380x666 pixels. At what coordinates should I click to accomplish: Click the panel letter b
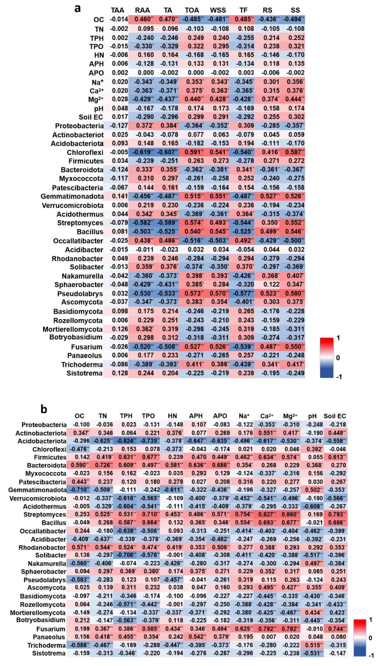tap(44, 409)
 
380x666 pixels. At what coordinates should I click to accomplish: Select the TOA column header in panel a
tap(192, 10)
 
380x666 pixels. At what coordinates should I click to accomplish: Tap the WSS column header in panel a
tap(218, 10)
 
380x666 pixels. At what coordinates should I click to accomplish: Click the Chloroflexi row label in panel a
tap(85, 152)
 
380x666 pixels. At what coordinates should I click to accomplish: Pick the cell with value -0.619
tap(142, 152)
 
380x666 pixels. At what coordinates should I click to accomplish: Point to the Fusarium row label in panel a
tap(87, 347)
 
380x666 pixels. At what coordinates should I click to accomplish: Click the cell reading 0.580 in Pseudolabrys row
tap(295, 293)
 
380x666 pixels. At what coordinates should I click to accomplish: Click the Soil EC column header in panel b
tap(335, 416)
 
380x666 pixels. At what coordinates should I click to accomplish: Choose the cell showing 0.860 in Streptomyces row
tap(292, 514)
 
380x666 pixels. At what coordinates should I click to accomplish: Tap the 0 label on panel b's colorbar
tap(370, 638)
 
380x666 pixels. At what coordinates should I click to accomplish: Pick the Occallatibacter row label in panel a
tap(78, 241)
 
